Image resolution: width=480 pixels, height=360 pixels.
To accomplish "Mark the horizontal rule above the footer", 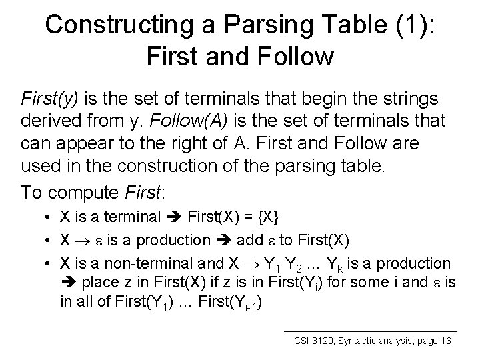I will [x=370, y=331].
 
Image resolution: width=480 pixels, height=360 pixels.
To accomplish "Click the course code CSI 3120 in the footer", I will [x=317, y=341].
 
